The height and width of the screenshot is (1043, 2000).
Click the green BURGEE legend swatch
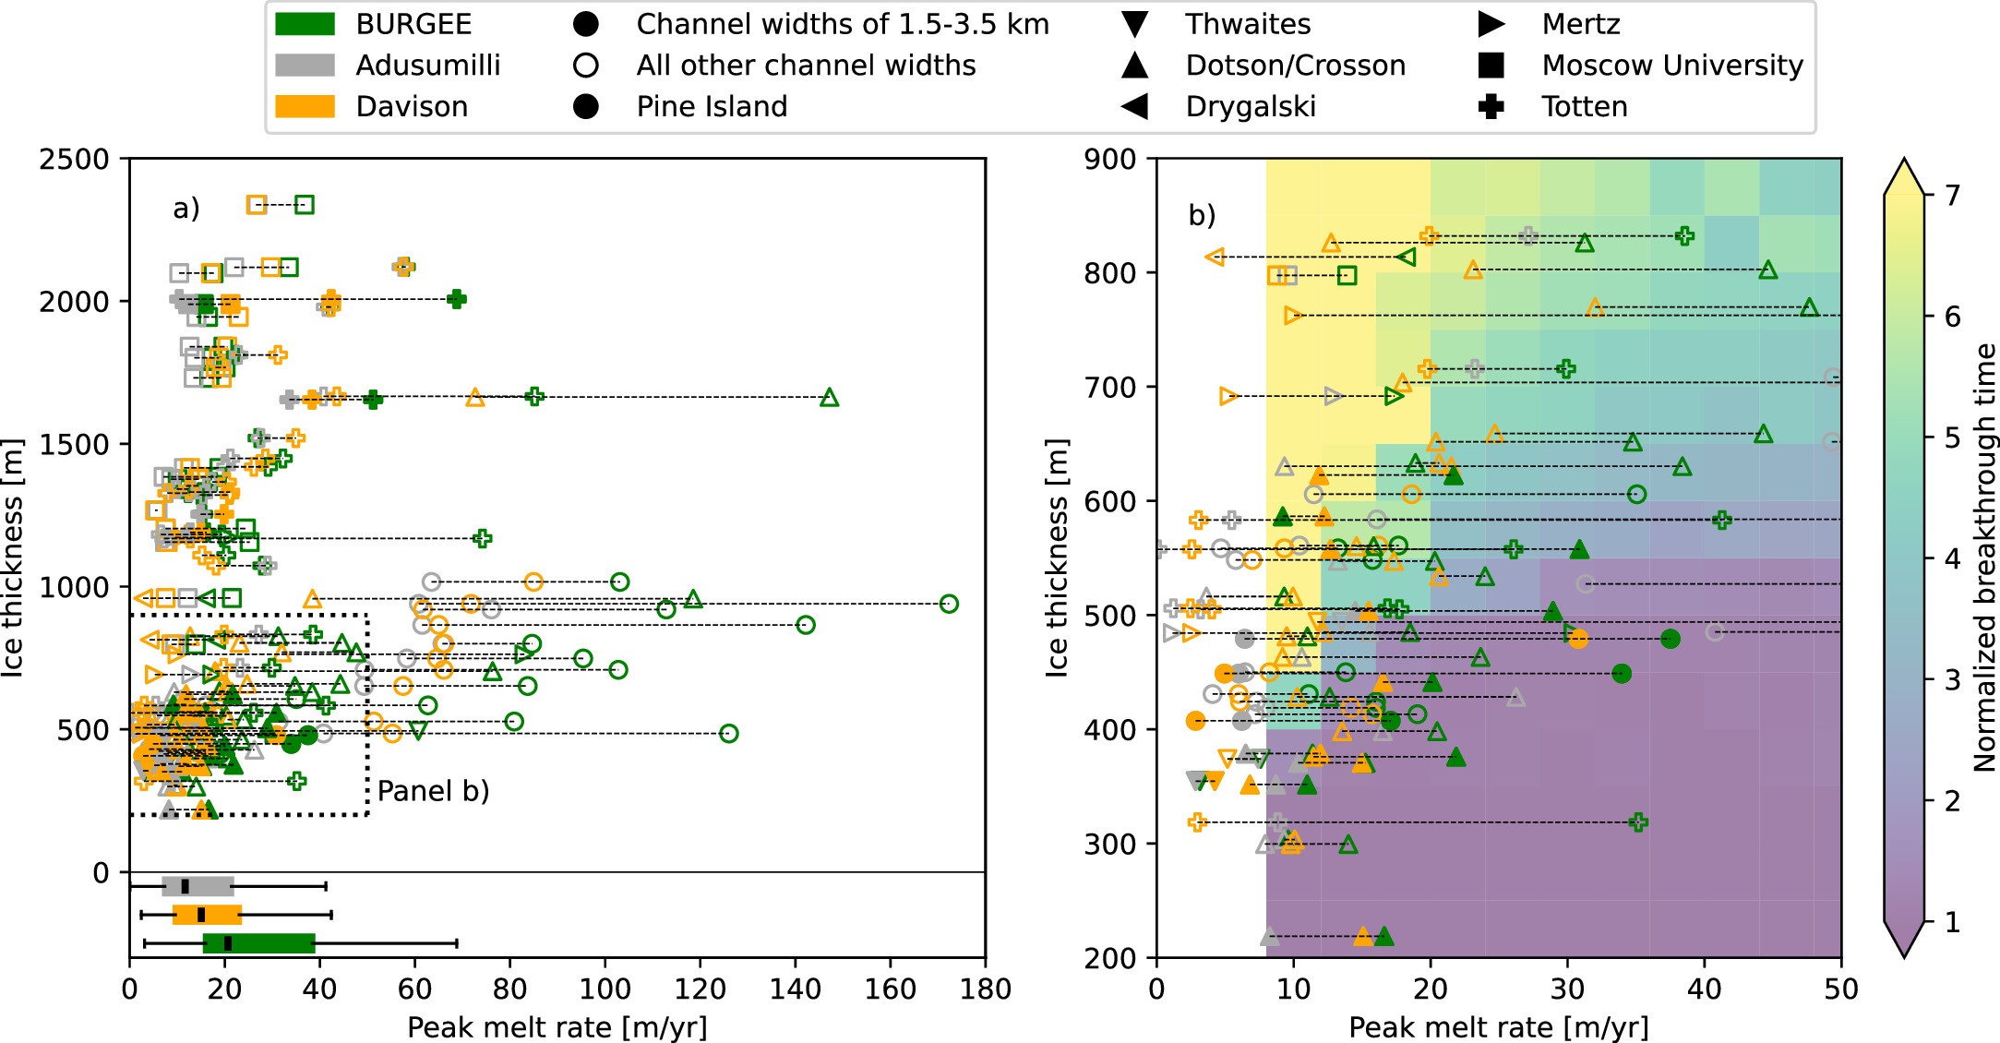(305, 24)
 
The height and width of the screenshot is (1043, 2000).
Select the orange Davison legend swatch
(305, 106)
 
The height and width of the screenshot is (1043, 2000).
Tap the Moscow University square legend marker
(1491, 66)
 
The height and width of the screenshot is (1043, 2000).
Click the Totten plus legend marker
(1491, 106)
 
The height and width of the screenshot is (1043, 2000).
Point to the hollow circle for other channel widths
(586, 66)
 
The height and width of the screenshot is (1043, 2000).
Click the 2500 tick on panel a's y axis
(74, 159)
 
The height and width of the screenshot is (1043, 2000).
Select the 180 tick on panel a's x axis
(985, 989)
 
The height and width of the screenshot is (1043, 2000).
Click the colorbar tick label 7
(1951, 195)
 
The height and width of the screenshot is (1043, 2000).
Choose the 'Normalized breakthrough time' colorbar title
(1984, 557)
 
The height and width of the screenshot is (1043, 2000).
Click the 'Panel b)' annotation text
(433, 791)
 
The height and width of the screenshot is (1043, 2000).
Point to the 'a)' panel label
(186, 209)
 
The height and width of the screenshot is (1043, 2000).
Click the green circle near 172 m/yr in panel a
(948, 604)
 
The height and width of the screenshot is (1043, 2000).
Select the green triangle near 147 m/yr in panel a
(829, 398)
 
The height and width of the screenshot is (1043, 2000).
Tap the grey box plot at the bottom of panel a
(198, 886)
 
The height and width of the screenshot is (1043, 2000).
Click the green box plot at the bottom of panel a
(258, 942)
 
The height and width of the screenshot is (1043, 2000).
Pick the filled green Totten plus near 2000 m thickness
(456, 299)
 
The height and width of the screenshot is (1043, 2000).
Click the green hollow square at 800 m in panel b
(1347, 275)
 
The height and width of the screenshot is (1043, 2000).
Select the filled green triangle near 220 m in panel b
(1383, 937)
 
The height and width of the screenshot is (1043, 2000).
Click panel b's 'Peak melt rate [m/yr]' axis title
(1498, 1027)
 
